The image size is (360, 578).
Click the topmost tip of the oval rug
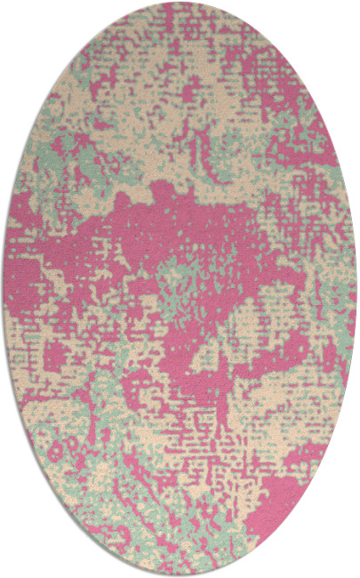[x=180, y=3]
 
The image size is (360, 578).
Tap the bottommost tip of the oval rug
[x=180, y=575]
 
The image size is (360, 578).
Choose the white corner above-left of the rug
[x=18, y=18]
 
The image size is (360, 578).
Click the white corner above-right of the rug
[x=342, y=18]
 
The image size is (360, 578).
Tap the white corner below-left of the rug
[x=18, y=560]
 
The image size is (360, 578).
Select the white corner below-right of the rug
[x=342, y=560]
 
